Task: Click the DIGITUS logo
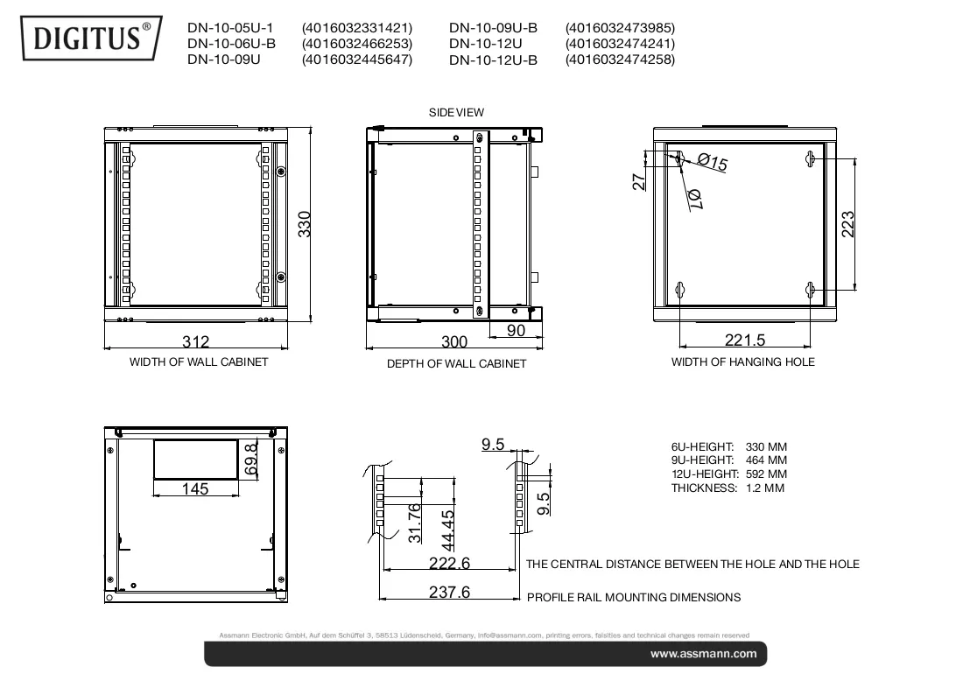(x=92, y=38)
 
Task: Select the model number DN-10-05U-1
(x=230, y=28)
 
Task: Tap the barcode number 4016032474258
(x=620, y=60)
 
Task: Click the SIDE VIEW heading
(x=456, y=112)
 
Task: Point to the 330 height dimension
(x=305, y=224)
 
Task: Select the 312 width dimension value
(x=196, y=341)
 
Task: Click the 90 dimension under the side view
(x=516, y=330)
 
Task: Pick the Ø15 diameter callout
(x=713, y=162)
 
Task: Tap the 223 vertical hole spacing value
(x=847, y=224)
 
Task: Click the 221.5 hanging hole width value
(x=745, y=340)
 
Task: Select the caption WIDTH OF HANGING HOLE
(x=743, y=362)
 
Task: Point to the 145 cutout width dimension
(x=195, y=488)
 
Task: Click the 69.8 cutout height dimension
(x=251, y=460)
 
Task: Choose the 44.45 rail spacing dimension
(x=448, y=530)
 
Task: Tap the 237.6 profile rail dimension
(x=450, y=592)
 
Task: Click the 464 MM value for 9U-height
(x=767, y=460)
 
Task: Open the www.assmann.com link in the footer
(x=704, y=654)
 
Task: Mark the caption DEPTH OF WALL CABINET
(x=456, y=363)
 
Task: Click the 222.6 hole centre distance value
(x=450, y=563)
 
